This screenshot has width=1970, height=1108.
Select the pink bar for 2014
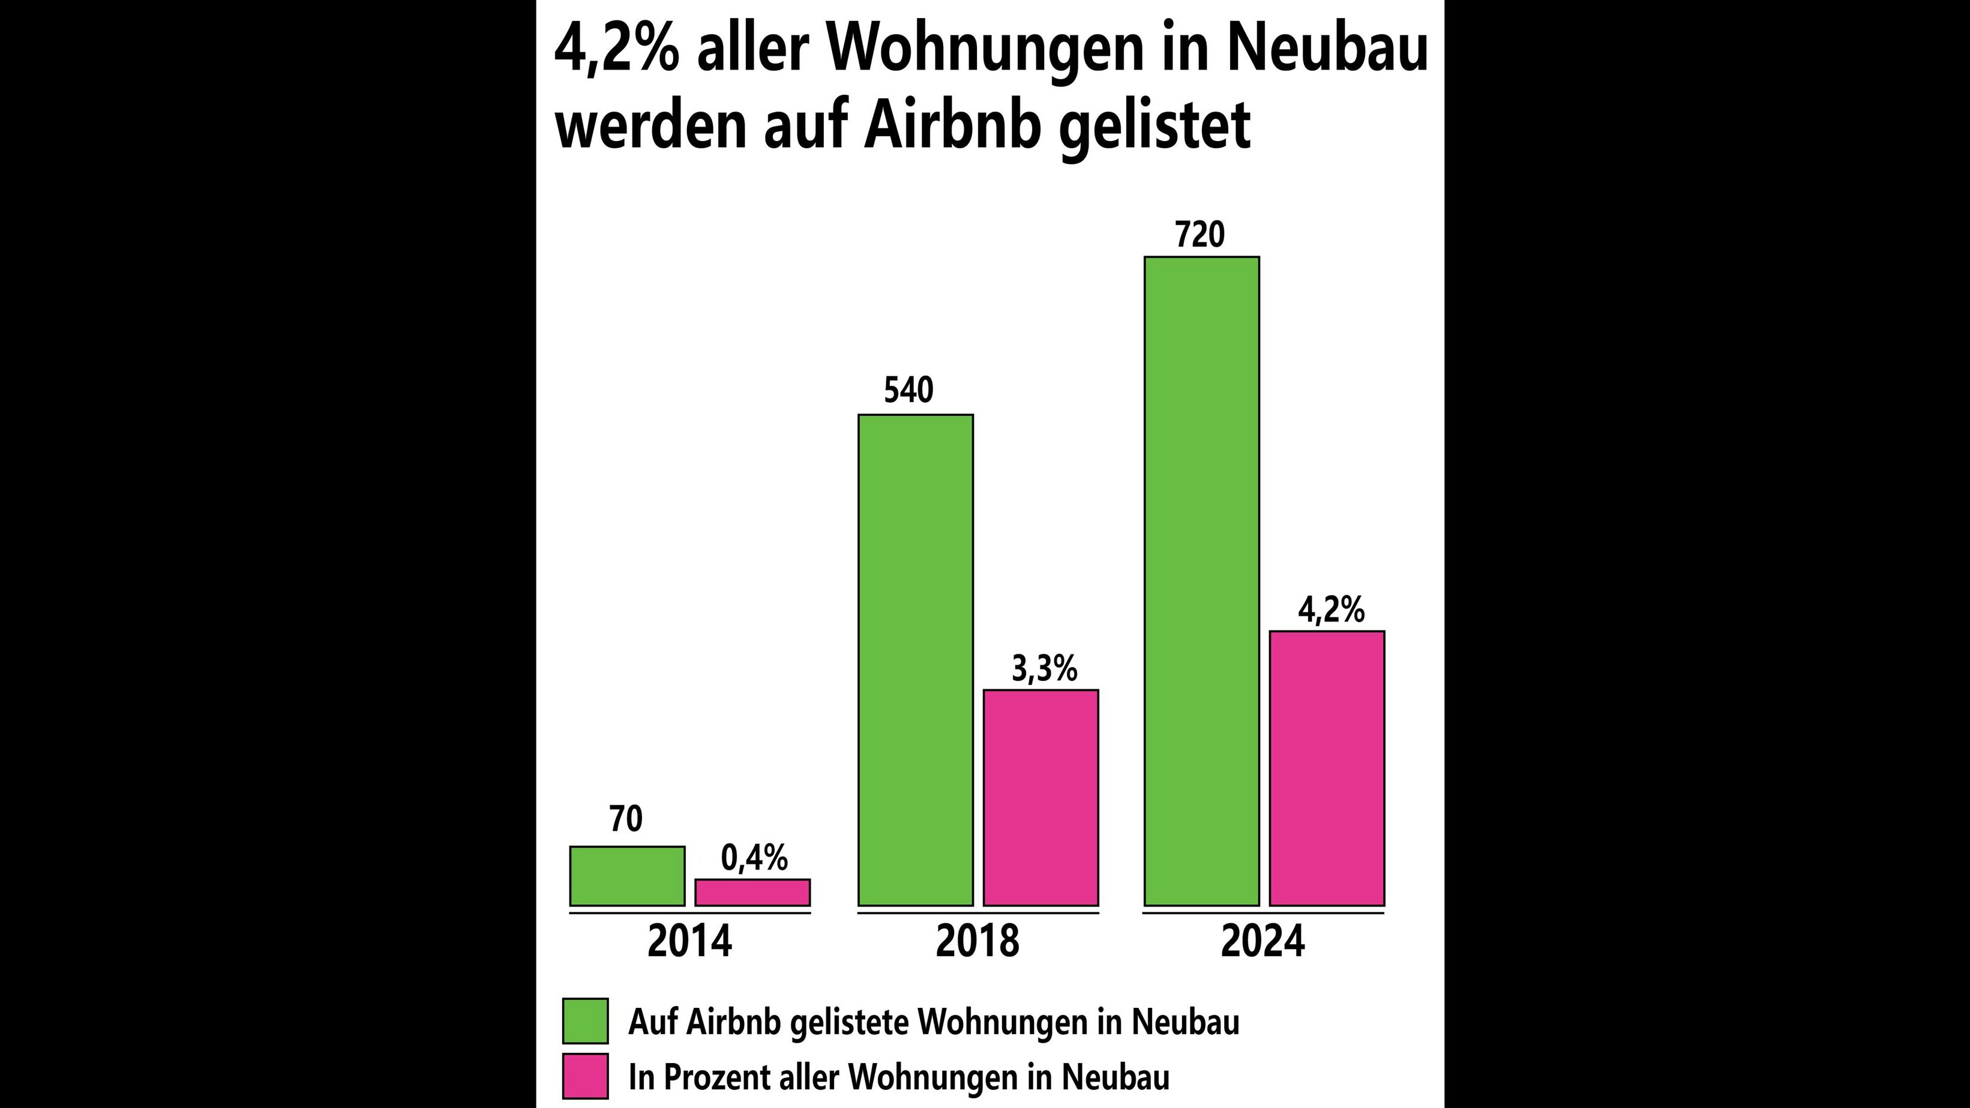tap(752, 893)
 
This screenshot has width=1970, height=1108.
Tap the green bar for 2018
tap(916, 660)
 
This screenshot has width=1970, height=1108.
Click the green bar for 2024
tap(1201, 581)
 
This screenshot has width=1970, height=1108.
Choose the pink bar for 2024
tap(1327, 768)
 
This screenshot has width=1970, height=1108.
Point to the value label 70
tap(626, 819)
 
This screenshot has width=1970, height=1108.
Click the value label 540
tap(908, 390)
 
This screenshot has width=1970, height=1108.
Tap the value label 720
tap(1200, 235)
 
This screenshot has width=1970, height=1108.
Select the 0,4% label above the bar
tap(754, 858)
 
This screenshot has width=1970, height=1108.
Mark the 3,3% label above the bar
tap(1044, 669)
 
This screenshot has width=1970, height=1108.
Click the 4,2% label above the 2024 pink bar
tap(1331, 610)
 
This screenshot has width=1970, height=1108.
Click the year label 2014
tap(689, 941)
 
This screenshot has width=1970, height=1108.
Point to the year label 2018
tap(977, 941)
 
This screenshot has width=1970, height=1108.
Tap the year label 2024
tap(1263, 941)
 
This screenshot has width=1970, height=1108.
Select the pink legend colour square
tap(585, 1076)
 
